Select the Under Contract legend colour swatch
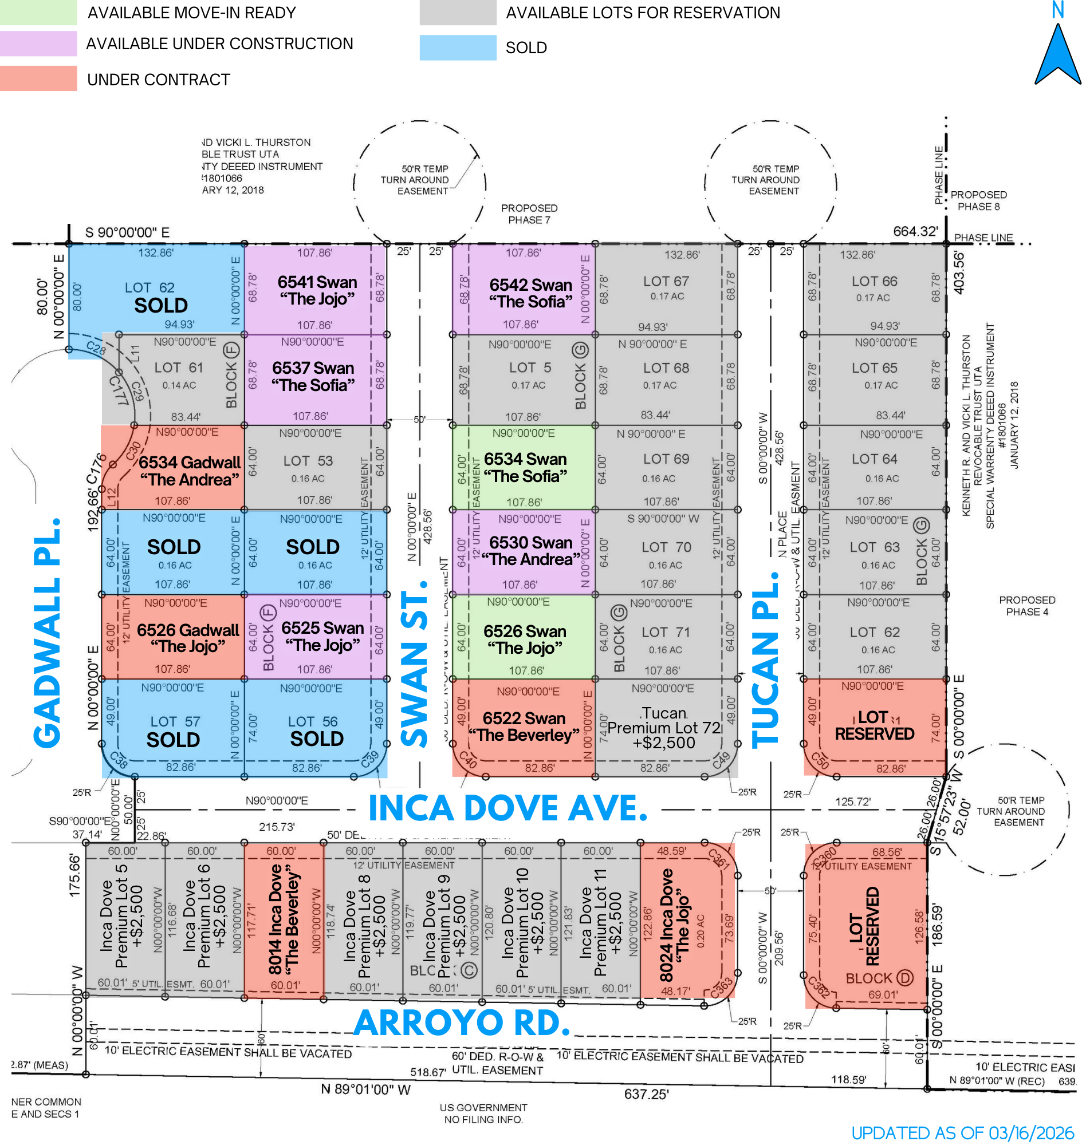[38, 78]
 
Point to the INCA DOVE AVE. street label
[507, 808]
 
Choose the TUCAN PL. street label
[766, 661]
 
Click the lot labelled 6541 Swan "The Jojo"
[316, 290]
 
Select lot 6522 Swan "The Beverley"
[524, 727]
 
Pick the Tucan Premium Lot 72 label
[664, 728]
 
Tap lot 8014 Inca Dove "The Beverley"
[284, 919]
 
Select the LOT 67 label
[666, 281]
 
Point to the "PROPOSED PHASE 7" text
[529, 214]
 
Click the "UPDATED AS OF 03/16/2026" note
[963, 1133]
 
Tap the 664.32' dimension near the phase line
[915, 231]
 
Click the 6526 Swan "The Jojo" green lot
[524, 639]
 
